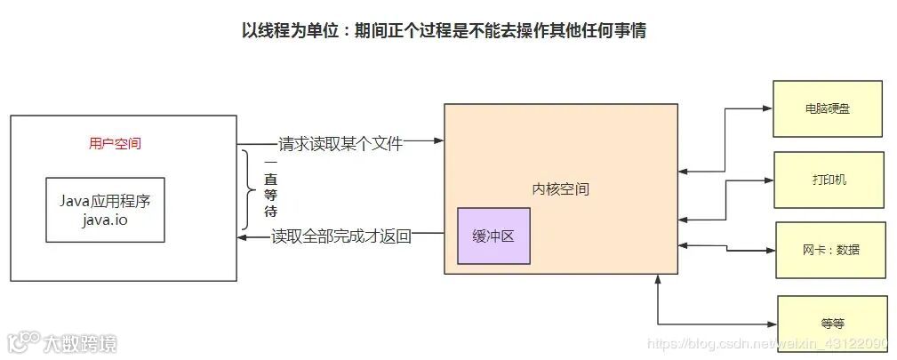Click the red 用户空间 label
pos(116,143)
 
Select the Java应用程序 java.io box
pos(105,209)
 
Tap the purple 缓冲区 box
pos(493,236)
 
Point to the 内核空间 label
pos(560,189)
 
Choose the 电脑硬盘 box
pos(828,108)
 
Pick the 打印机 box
pos(829,180)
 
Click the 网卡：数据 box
pos(830,250)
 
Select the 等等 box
pos(832,322)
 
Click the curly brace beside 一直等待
pos(249,189)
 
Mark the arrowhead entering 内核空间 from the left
pos(438,141)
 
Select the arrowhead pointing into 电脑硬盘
pos(767,108)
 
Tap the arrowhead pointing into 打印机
pos(769,180)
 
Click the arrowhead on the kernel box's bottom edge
pos(658,280)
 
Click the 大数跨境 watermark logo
pos(62,342)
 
